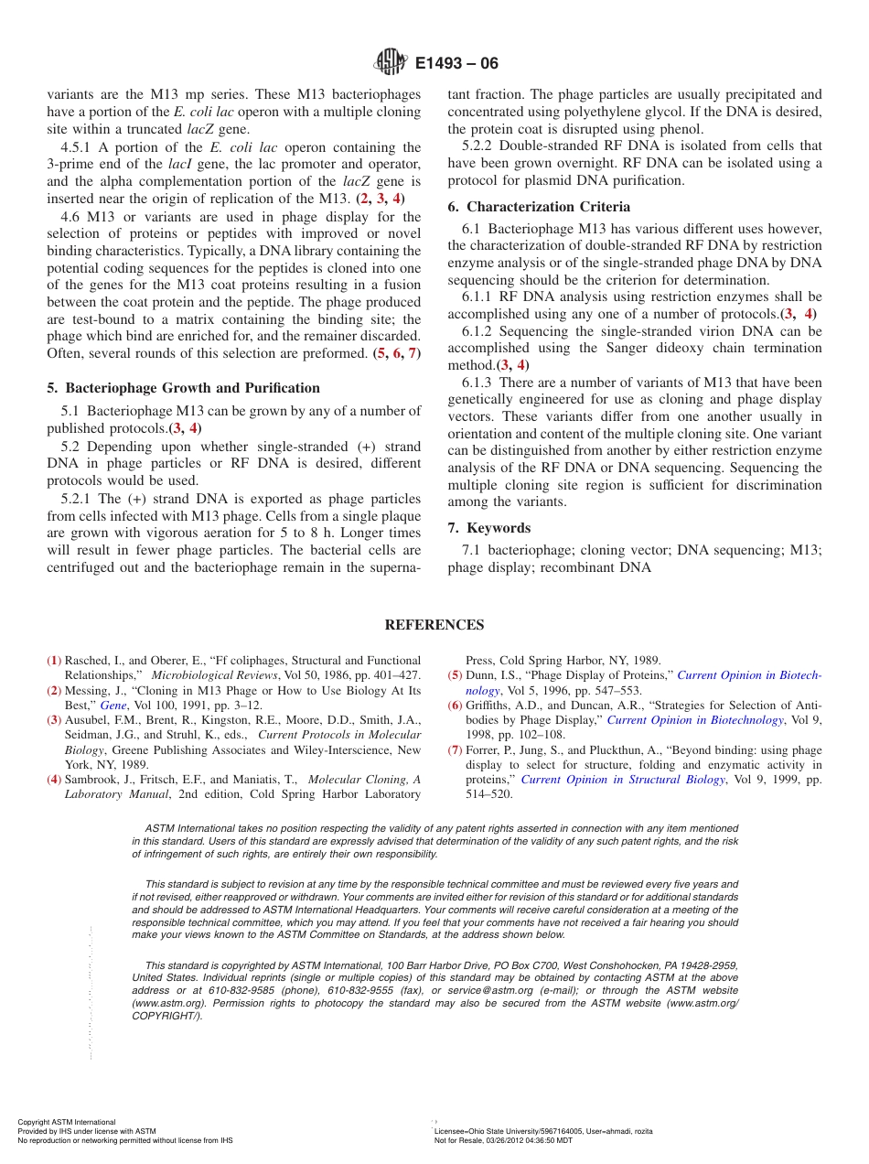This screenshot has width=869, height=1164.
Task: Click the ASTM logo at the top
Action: pyautogui.click(x=391, y=63)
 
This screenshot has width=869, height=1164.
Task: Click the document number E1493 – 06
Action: pyautogui.click(x=456, y=64)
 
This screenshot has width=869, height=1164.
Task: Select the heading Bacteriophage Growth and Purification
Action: pyautogui.click(x=192, y=388)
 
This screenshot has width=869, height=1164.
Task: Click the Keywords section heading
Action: pyautogui.click(x=498, y=528)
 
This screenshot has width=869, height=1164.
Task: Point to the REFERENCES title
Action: pyautogui.click(x=434, y=625)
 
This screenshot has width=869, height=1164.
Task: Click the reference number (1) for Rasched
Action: pyautogui.click(x=55, y=660)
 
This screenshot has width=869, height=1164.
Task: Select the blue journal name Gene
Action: pyautogui.click(x=113, y=706)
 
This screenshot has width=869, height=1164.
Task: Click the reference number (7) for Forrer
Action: pyautogui.click(x=455, y=749)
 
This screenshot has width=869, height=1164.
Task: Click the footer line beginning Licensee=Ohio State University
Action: pyautogui.click(x=543, y=1131)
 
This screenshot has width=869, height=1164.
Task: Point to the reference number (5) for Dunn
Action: pyautogui.click(x=455, y=675)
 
